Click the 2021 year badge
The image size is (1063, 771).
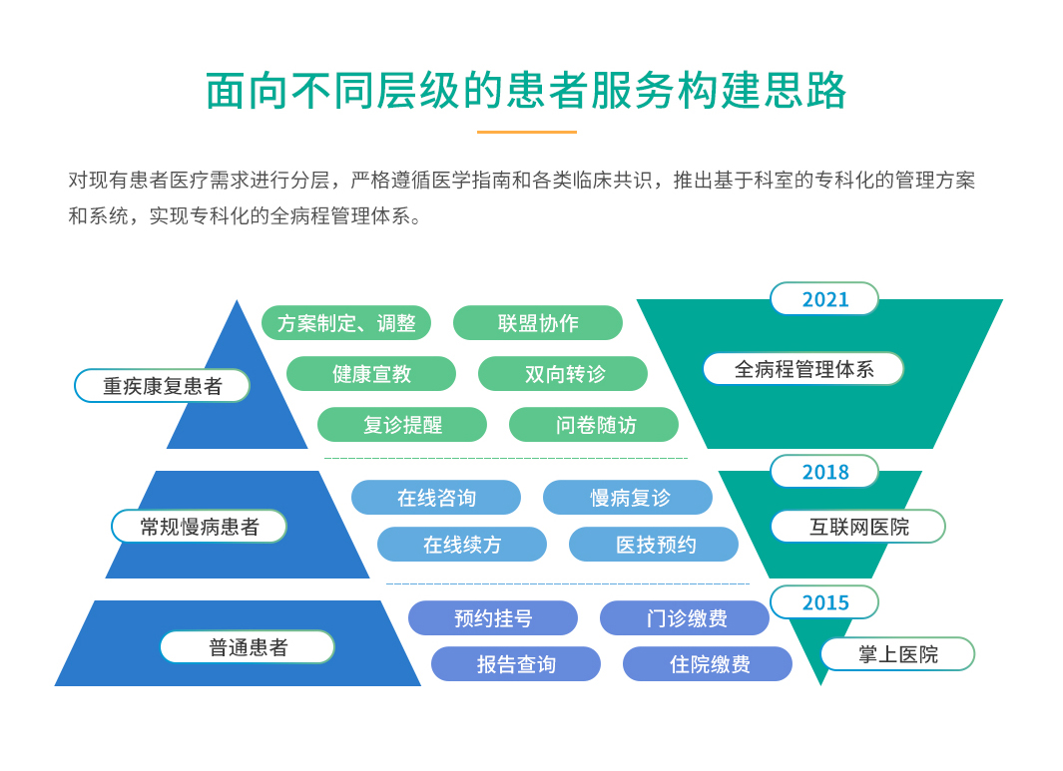(x=824, y=299)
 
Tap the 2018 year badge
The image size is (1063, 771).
(x=824, y=472)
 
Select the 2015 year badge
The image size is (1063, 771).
(x=824, y=602)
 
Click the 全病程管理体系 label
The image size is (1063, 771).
(x=803, y=369)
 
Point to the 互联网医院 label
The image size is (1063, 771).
(x=858, y=527)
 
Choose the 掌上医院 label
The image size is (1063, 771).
(x=897, y=653)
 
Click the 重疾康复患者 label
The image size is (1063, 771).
(x=162, y=385)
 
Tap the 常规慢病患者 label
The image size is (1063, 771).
(x=200, y=527)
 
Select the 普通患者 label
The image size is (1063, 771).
(x=248, y=647)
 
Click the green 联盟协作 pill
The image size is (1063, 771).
(x=538, y=323)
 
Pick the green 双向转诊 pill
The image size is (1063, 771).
(x=563, y=373)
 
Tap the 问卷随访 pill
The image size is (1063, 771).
(x=594, y=425)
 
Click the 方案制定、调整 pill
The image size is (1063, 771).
(x=346, y=323)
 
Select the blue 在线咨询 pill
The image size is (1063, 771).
(x=436, y=498)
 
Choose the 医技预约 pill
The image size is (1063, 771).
(x=654, y=545)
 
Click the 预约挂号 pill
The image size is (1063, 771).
(x=493, y=617)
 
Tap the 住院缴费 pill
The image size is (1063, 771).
(x=708, y=664)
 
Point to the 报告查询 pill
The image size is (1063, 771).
(x=516, y=664)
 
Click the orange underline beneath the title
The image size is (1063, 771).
(x=527, y=132)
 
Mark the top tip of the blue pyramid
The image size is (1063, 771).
(x=237, y=300)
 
